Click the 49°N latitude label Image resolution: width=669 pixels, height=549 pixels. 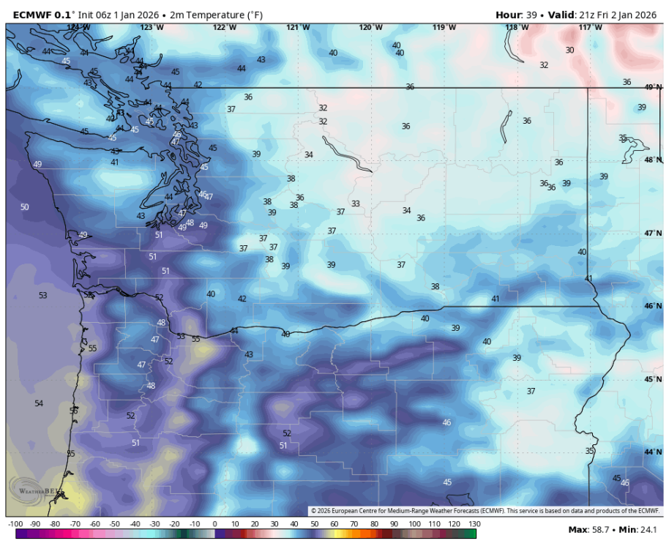pyautogui.click(x=653, y=86)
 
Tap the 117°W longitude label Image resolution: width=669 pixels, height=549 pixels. pyautogui.click(x=591, y=27)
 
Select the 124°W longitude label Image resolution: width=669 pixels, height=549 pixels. pyautogui.click(x=78, y=27)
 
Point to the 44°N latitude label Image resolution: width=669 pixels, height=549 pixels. pyautogui.click(x=653, y=452)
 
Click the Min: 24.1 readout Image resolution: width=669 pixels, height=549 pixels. pyautogui.click(x=642, y=530)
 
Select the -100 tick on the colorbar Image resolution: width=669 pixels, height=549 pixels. pyautogui.click(x=14, y=524)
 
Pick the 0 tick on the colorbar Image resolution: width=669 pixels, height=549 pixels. pyautogui.click(x=214, y=524)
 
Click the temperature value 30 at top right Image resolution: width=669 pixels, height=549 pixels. pyautogui.click(x=569, y=50)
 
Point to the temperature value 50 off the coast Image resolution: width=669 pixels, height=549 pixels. pyautogui.click(x=25, y=207)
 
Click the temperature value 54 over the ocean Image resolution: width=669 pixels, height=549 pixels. pyautogui.click(x=39, y=403)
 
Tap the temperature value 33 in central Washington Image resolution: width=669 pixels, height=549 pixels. pyautogui.click(x=356, y=203)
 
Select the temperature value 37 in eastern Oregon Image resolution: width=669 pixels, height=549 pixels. pyautogui.click(x=531, y=391)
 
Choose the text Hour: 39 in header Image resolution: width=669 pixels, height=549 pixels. pyautogui.click(x=516, y=14)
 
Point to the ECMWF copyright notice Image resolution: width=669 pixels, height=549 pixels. pyautogui.click(x=485, y=511)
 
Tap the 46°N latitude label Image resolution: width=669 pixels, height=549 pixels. pyautogui.click(x=653, y=306)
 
